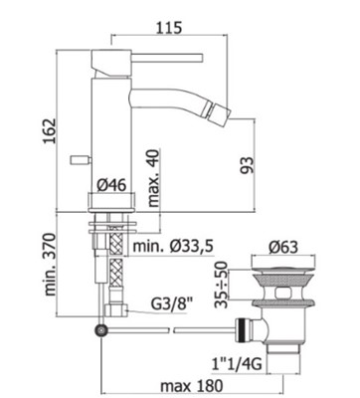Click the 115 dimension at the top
click(169, 27)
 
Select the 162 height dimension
click(50, 130)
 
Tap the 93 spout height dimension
click(247, 165)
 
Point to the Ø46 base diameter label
click(111, 185)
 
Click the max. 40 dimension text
click(153, 177)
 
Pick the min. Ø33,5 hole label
click(173, 247)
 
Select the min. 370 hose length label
click(51, 265)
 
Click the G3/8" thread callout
click(172, 304)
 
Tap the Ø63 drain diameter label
click(283, 247)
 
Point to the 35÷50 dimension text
click(221, 285)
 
